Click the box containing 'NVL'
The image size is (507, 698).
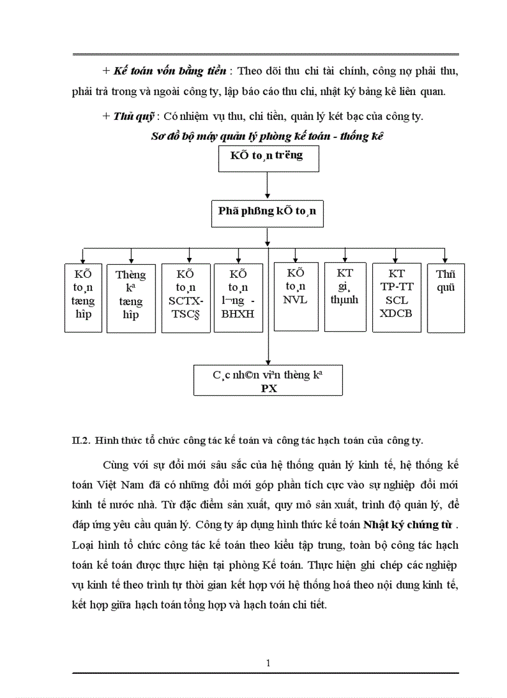pyautogui.click(x=296, y=292)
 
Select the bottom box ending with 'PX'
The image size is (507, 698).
pyautogui.click(x=268, y=380)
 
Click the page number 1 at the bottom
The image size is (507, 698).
pyautogui.click(x=268, y=663)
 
